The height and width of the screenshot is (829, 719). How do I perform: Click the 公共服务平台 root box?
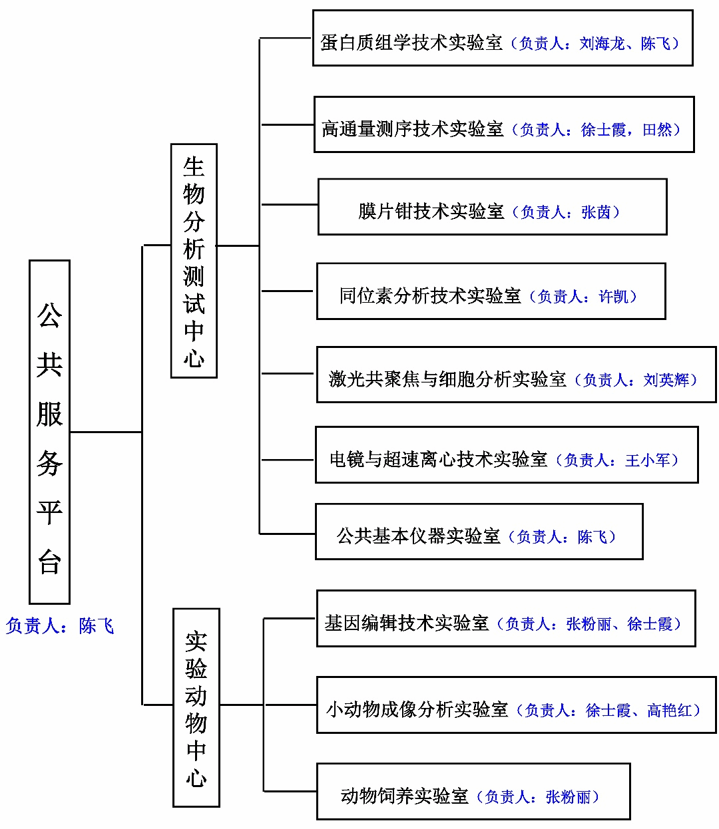[50, 432]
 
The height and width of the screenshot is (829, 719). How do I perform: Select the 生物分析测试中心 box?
[194, 261]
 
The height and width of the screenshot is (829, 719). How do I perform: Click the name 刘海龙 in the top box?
[601, 43]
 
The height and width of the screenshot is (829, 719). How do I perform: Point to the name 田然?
[657, 130]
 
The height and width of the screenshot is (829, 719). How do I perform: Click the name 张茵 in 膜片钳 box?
[596, 212]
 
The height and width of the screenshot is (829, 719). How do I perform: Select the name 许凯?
[613, 296]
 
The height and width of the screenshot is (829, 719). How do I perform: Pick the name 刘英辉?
[666, 380]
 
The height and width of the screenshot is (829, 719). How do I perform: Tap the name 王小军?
[648, 460]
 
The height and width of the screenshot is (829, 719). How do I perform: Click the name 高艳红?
[670, 711]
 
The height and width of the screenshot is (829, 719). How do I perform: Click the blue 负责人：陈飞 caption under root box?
[60, 625]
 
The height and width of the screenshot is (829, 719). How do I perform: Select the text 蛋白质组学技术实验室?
[411, 43]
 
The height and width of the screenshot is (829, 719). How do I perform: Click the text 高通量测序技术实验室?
[413, 129]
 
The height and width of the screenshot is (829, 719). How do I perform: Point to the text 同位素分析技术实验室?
[430, 296]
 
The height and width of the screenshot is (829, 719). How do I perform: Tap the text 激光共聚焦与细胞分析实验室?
[447, 379]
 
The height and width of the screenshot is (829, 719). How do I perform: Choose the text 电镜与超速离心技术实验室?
[439, 459]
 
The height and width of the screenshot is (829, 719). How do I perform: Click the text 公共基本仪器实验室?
[419, 536]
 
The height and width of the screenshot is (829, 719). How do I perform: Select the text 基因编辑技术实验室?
[407, 623]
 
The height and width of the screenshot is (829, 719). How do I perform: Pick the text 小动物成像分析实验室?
[417, 711]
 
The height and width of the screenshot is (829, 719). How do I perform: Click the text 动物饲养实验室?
[405, 796]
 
